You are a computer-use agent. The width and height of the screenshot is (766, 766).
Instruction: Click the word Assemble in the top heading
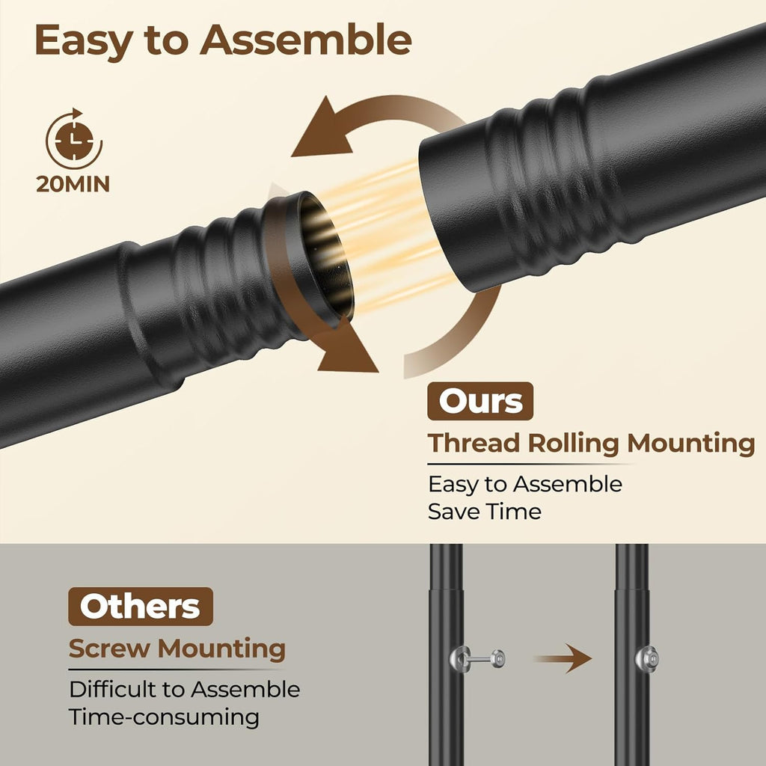pyautogui.click(x=306, y=40)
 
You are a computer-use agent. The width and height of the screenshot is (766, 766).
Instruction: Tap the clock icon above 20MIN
pyautogui.click(x=74, y=139)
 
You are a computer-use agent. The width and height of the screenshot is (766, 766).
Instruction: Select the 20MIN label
pyautogui.click(x=73, y=184)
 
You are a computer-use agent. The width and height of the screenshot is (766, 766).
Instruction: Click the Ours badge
pyautogui.click(x=480, y=401)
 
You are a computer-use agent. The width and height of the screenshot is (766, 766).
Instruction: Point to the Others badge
pyautogui.click(x=141, y=606)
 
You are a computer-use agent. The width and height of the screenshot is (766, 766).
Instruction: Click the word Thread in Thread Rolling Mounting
pyautogui.click(x=474, y=443)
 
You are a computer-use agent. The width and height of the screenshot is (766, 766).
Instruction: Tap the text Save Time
pyautogui.click(x=485, y=512)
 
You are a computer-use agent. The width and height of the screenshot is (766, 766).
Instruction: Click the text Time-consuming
pyautogui.click(x=164, y=717)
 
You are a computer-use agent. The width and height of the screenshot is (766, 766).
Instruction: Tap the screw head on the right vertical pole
pyautogui.click(x=647, y=659)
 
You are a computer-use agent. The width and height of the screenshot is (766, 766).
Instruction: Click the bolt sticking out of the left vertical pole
pyautogui.click(x=477, y=659)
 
